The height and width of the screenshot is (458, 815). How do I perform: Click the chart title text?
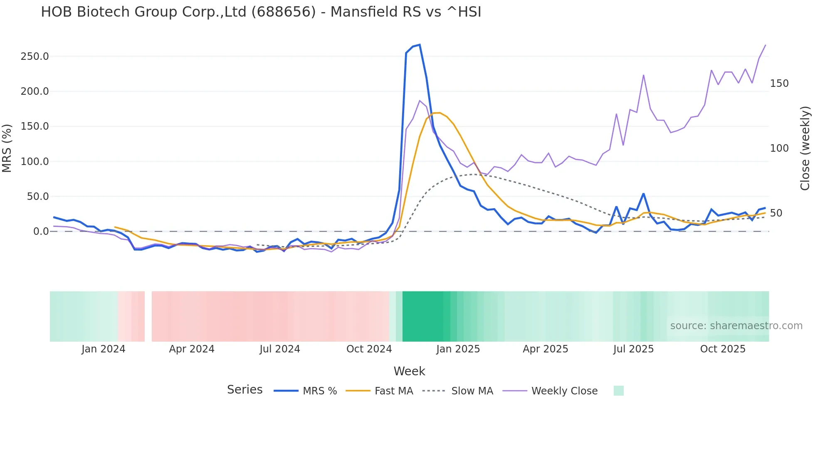tap(261, 12)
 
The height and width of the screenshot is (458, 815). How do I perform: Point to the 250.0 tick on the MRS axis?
tap(35, 57)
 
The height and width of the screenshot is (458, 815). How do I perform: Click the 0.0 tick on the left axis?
tap(41, 231)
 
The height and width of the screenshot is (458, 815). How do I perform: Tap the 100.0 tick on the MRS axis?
tap(35, 162)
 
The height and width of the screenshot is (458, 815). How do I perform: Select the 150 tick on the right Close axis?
tap(779, 84)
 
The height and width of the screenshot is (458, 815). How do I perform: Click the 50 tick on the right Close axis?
tap(776, 213)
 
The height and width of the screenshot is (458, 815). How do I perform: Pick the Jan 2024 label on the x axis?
tap(103, 349)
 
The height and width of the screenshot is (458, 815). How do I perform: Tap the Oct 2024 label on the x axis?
tap(369, 349)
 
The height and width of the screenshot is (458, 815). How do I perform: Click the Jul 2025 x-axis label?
tap(633, 349)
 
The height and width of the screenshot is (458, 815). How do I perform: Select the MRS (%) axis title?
tap(7, 148)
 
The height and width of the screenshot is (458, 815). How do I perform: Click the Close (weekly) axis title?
tap(805, 148)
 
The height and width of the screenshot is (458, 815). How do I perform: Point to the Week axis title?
tap(409, 371)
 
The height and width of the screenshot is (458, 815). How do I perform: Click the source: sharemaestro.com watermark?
tap(736, 326)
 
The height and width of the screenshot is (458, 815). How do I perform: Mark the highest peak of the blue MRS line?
tap(420, 45)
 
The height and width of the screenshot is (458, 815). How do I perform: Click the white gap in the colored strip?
tap(148, 316)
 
